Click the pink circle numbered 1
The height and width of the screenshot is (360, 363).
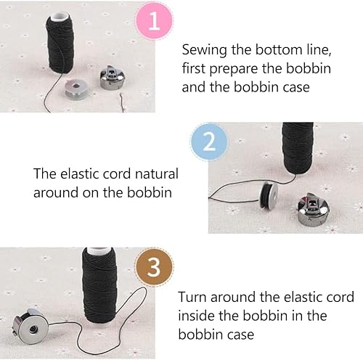[154, 21]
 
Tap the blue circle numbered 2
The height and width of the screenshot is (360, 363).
[209, 142]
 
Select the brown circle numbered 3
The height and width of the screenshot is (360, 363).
[154, 267]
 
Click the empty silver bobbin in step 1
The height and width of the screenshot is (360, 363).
[76, 89]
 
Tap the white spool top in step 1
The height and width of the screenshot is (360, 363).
[60, 17]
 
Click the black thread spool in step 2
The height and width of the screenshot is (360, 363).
[298, 148]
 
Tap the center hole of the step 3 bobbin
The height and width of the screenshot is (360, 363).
[33, 329]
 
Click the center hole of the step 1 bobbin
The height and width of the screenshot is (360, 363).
[76, 86]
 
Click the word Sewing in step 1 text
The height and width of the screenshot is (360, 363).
[205, 50]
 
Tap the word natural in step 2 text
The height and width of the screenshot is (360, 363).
[157, 173]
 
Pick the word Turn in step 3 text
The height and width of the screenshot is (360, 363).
[192, 297]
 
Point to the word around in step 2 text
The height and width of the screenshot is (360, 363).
[56, 193]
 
